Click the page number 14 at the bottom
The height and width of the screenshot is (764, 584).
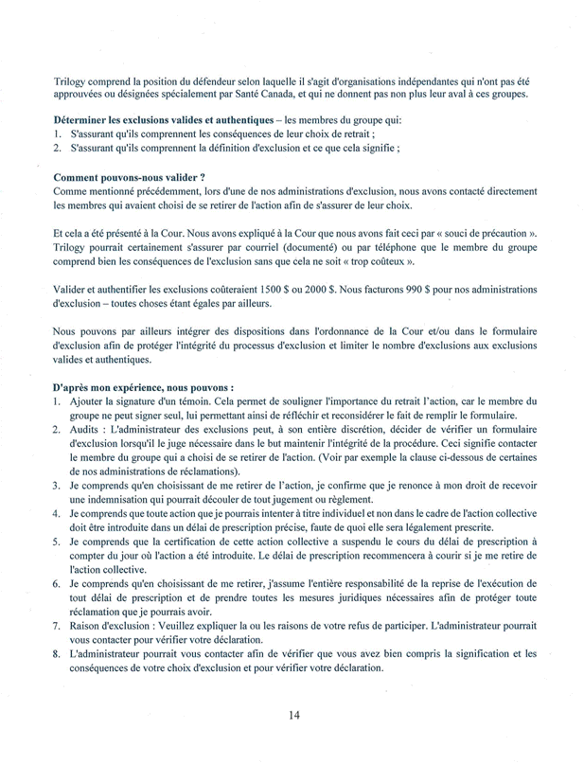point(293,715)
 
